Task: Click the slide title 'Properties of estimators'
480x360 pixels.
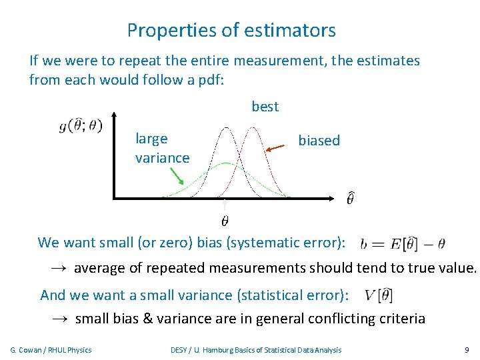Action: (x=231, y=31)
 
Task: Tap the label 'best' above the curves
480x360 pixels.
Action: (x=265, y=107)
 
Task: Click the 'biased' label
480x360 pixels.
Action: (x=319, y=141)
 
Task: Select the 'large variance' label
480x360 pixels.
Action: (x=162, y=148)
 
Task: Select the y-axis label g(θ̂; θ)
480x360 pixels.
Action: (x=81, y=125)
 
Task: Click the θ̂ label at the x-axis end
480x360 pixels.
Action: (x=350, y=198)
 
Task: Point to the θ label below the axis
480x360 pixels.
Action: (x=225, y=219)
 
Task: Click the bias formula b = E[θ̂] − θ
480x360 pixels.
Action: (x=403, y=243)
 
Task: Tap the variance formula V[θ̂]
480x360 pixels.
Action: (x=379, y=295)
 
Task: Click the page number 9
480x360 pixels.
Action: (x=466, y=350)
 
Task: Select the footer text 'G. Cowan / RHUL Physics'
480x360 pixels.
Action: (x=51, y=350)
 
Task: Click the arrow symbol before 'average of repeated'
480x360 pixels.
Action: (x=59, y=269)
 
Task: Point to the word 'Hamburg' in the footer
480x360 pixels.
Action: (x=220, y=350)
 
